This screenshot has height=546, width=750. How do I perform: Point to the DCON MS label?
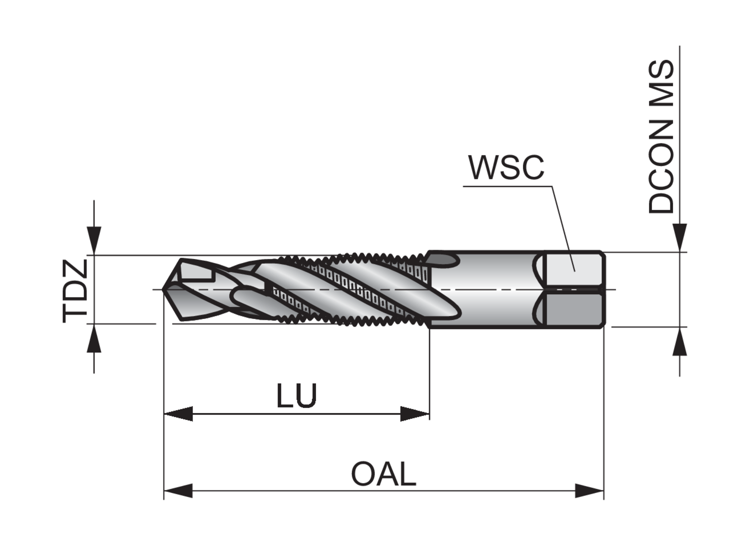(661, 136)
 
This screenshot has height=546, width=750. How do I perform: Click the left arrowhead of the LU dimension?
(178, 413)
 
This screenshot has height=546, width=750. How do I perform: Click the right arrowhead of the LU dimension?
(415, 413)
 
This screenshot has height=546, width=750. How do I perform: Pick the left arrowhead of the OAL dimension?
(178, 490)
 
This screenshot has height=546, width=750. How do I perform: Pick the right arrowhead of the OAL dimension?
(590, 490)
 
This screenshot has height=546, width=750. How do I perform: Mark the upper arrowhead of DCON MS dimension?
(679, 237)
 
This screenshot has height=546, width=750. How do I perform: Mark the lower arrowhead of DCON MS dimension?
(679, 342)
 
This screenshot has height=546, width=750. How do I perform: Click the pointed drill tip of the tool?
(166, 289)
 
